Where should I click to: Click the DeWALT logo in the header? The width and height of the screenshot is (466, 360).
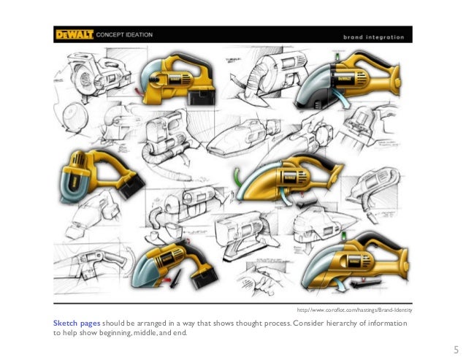point(75,34)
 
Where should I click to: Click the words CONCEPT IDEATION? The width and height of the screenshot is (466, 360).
point(124,35)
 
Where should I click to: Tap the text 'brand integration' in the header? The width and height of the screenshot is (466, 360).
point(373,37)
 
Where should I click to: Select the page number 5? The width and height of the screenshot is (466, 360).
point(457,350)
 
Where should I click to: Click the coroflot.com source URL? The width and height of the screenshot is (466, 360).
point(354,310)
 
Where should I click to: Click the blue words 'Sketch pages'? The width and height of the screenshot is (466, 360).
point(77,323)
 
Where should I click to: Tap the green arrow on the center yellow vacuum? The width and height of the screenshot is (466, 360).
point(237,177)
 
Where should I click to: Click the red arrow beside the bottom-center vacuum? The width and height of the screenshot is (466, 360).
point(167,280)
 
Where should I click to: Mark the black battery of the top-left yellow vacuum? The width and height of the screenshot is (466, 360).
point(202,96)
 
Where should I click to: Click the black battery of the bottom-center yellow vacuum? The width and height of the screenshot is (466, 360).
point(204,277)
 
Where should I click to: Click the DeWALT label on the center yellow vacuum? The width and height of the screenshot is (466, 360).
point(289,177)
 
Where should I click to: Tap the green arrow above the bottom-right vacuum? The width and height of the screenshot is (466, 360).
point(344,236)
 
